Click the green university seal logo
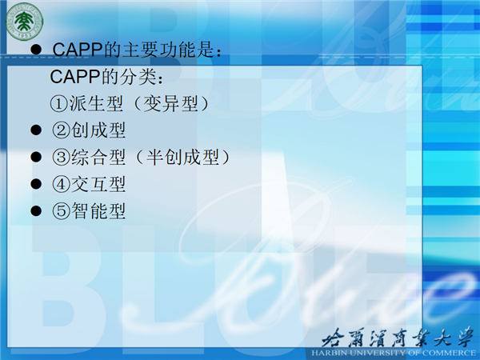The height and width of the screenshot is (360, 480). [x=24, y=21]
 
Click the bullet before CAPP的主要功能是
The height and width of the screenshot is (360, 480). [x=36, y=50]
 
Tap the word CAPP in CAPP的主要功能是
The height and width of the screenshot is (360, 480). [x=77, y=50]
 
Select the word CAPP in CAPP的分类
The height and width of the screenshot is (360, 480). [x=74, y=77]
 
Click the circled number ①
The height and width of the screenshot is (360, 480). [x=58, y=103]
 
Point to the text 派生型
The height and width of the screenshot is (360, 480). [x=96, y=103]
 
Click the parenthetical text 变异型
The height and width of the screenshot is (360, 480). [x=170, y=103]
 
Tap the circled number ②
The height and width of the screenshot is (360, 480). [x=61, y=130]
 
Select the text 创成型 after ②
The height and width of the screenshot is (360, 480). [x=98, y=130]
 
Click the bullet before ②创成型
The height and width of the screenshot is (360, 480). [x=36, y=130]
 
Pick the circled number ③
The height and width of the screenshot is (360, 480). [x=61, y=158]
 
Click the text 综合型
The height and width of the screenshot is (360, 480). [x=98, y=158]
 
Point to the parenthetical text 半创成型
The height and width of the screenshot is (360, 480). [x=182, y=158]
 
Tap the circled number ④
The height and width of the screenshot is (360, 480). [x=61, y=184]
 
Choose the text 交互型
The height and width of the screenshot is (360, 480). [x=98, y=184]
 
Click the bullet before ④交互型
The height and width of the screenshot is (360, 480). [x=36, y=184]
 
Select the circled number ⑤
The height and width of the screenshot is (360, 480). [x=61, y=211]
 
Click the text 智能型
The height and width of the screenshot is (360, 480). [x=98, y=211]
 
